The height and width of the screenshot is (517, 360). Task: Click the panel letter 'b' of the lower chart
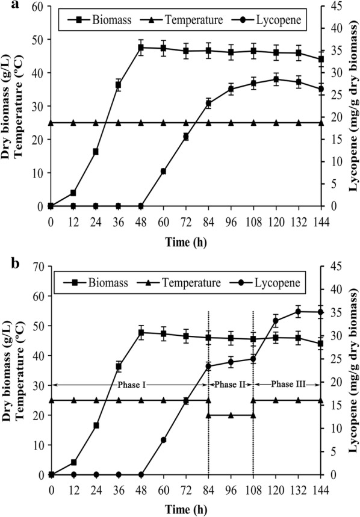(x=6, y=264)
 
